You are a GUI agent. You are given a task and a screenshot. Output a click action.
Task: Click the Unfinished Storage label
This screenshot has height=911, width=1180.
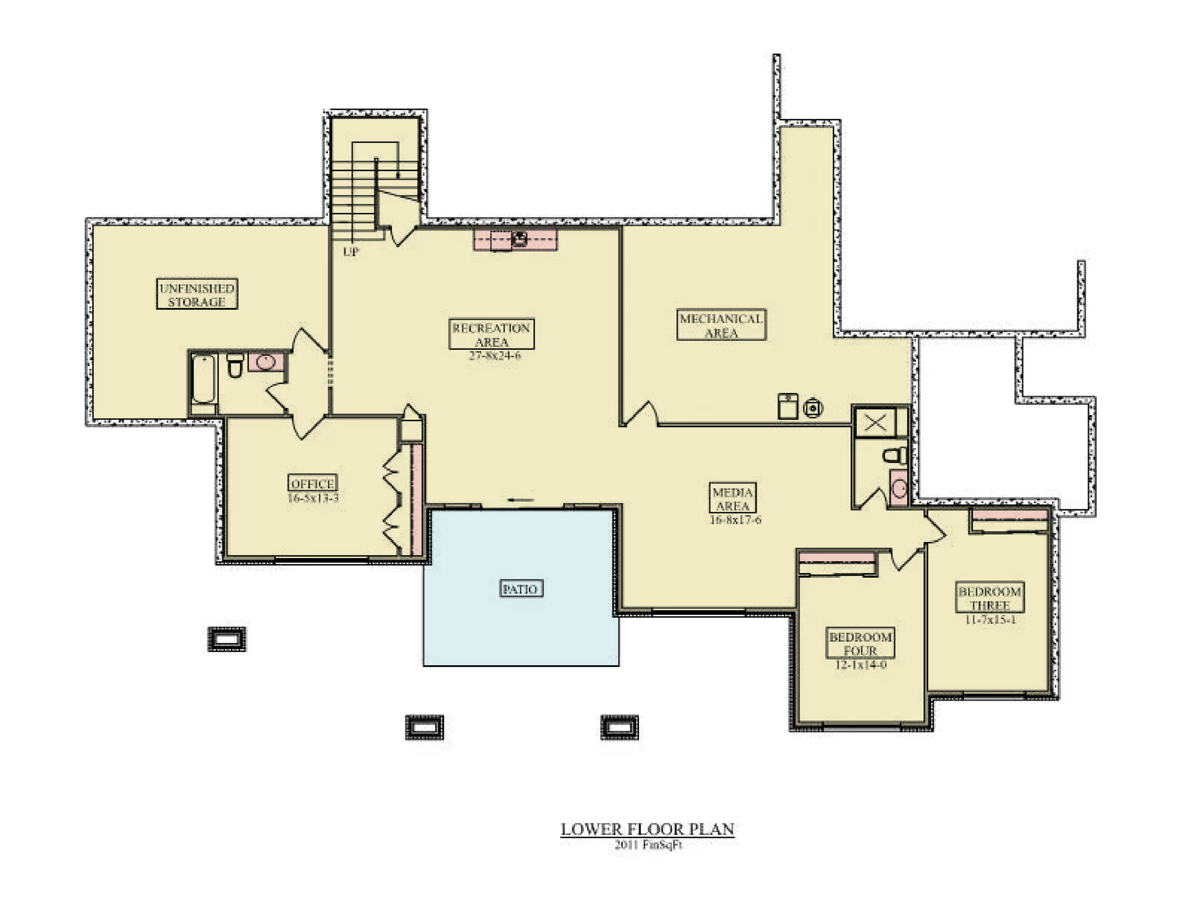coord(196,294)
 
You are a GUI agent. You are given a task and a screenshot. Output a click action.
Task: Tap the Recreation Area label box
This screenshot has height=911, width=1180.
coord(491,334)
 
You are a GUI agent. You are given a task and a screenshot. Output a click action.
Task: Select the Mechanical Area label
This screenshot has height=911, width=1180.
coord(721,325)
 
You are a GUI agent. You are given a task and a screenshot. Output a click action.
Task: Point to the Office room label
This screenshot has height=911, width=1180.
coord(313,484)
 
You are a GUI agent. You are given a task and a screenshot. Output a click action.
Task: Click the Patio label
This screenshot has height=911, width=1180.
coord(520,588)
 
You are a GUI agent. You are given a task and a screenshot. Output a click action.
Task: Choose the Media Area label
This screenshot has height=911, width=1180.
coord(732,499)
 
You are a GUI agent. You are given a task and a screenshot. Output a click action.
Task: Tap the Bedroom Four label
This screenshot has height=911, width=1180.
coord(860,643)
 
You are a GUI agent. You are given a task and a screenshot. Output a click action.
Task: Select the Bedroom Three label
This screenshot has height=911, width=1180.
coord(989,598)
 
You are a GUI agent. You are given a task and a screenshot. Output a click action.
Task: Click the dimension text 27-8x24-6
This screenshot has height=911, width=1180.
coord(494,356)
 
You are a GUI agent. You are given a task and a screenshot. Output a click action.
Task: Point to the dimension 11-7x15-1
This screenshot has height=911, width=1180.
coord(990,620)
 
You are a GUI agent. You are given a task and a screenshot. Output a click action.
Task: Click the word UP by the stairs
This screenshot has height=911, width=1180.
coord(350,252)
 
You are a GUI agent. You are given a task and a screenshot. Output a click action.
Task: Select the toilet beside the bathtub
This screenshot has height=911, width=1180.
coord(235,366)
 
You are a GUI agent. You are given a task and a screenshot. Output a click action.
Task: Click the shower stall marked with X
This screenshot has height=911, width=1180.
coord(875,423)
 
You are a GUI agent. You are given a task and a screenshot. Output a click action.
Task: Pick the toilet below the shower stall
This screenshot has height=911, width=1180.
coord(895,456)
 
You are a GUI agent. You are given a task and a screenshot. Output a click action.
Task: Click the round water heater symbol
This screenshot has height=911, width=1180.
coord(813,407)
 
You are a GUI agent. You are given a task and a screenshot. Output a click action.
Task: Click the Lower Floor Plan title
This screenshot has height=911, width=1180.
coord(647,829)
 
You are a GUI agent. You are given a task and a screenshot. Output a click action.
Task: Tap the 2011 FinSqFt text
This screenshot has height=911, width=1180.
coord(648,845)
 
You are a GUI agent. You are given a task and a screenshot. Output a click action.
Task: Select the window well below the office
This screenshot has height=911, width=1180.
coord(227,639)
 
